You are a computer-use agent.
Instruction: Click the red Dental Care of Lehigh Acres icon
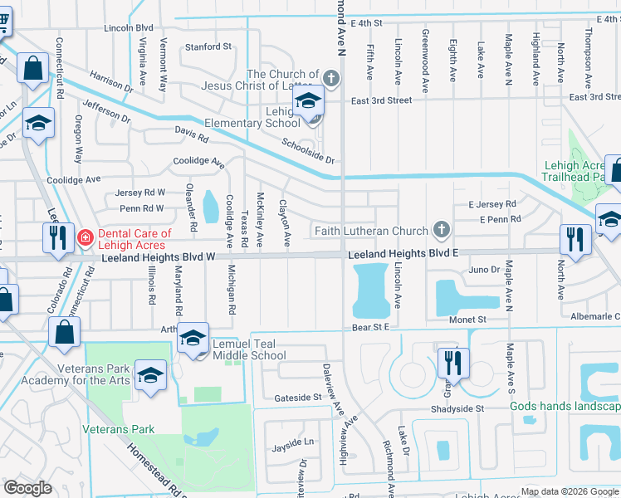[x=86, y=240]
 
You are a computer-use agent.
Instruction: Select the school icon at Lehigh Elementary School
[x=307, y=103]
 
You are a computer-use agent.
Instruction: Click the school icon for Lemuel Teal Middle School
[x=193, y=339]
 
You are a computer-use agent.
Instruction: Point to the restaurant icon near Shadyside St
[x=453, y=363]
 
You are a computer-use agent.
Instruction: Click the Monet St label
[x=468, y=320]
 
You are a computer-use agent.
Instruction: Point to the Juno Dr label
[x=484, y=270]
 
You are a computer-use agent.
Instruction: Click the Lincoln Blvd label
[x=130, y=27]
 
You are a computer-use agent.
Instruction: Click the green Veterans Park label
[x=119, y=430]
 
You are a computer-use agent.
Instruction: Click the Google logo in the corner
[x=27, y=488]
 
